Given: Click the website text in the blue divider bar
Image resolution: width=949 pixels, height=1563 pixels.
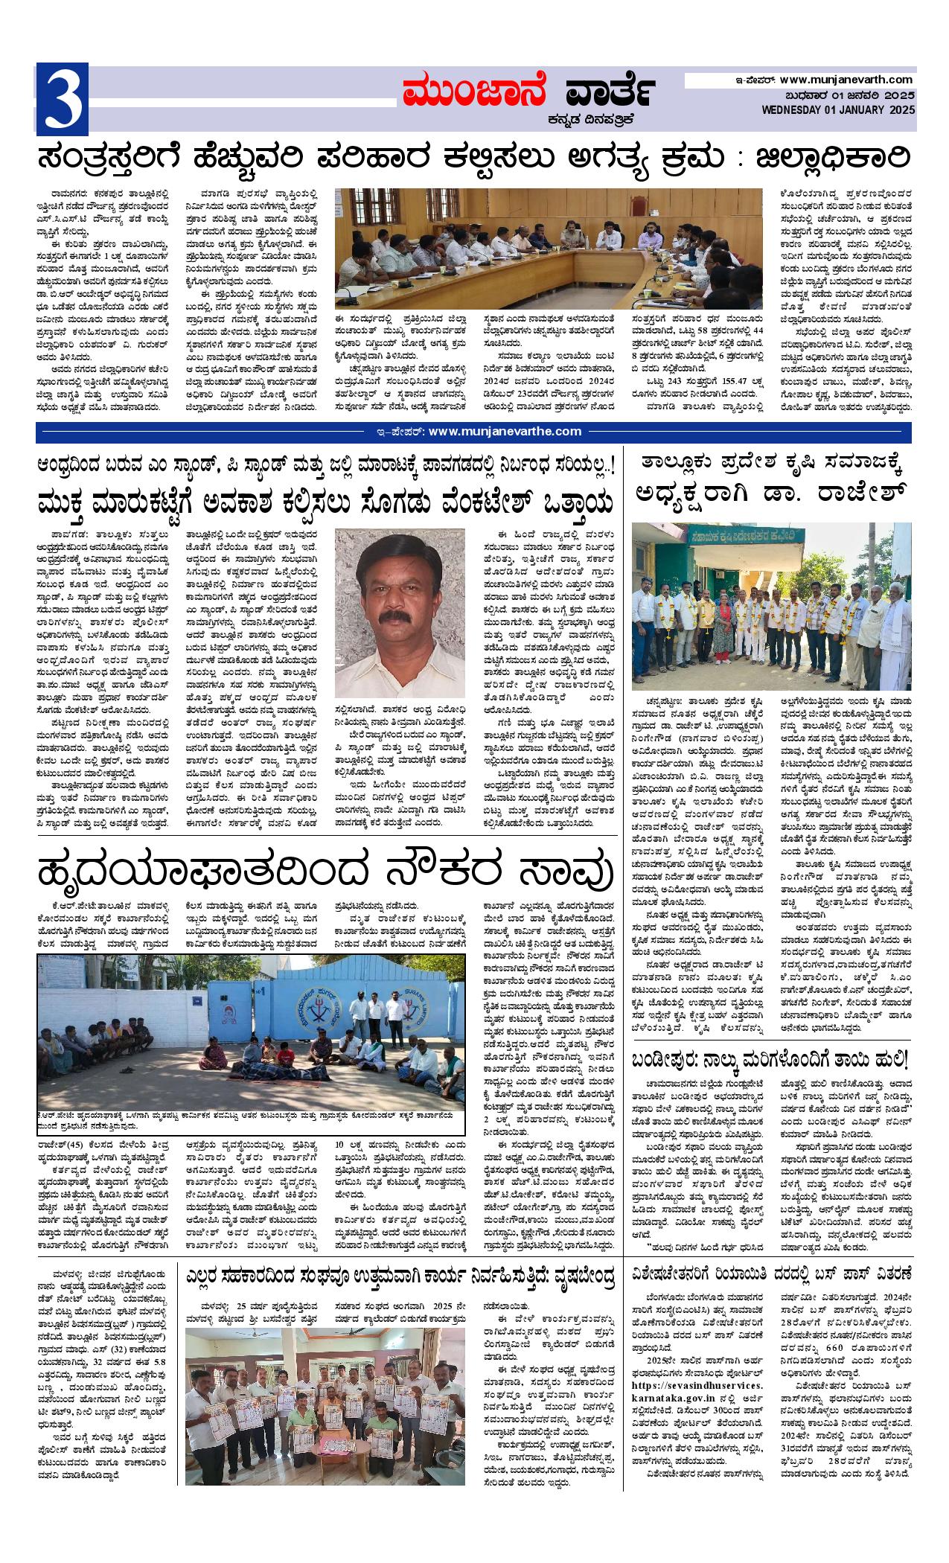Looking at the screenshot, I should pyautogui.click(x=495, y=431).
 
